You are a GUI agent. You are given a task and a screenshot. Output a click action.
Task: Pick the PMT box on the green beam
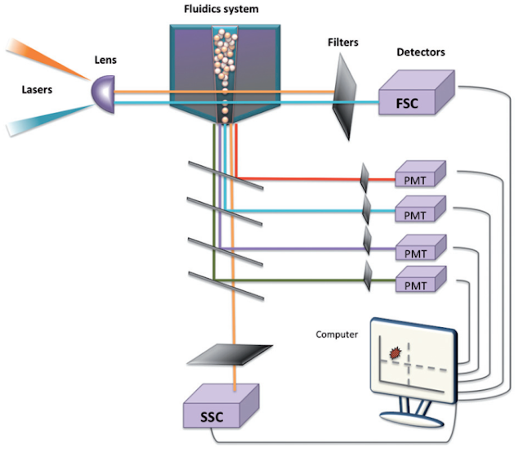point(418,283)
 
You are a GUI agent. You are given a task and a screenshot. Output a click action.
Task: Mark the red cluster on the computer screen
point(396,352)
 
